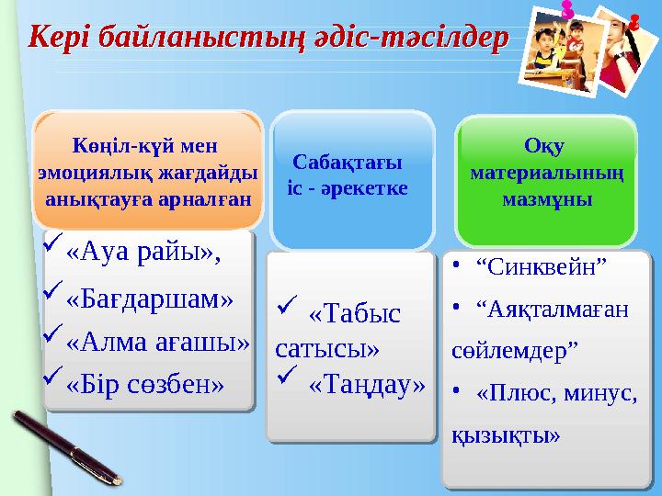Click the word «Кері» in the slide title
(x=60, y=38)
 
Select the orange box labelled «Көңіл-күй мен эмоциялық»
(x=148, y=171)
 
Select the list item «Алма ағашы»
(x=158, y=342)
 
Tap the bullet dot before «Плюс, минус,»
(x=457, y=393)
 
